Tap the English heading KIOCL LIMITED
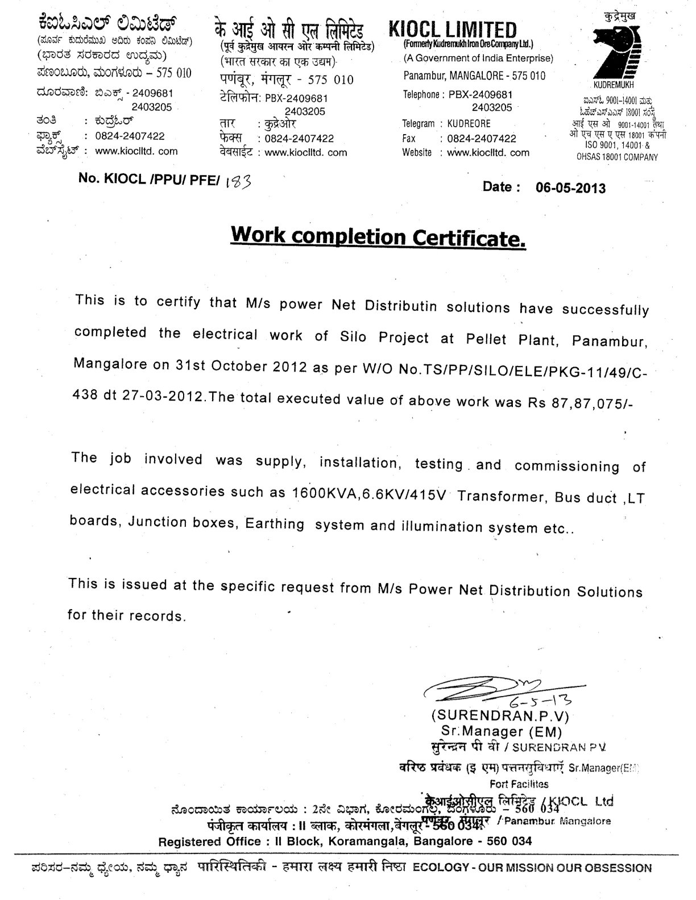[453, 29]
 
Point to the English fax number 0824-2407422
[482, 138]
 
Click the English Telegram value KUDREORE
[469, 123]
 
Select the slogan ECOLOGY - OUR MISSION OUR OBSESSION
[532, 868]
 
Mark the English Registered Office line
[345, 841]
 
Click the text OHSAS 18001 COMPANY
[617, 157]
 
